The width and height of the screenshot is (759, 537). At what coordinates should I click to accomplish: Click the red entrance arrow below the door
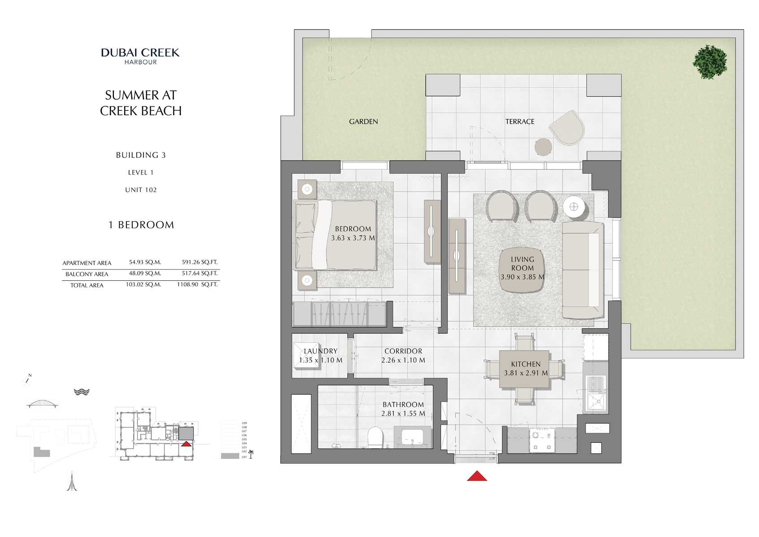pos(477,476)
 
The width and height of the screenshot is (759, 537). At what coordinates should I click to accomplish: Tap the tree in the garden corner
pos(710,62)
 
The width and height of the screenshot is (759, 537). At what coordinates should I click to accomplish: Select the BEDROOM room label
pos(353,229)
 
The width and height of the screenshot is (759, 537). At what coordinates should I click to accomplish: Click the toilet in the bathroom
pos(375,437)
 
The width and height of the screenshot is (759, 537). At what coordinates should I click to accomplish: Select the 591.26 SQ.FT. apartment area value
pos(199,262)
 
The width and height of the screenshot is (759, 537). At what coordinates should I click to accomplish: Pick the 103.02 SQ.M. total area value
pos(143,284)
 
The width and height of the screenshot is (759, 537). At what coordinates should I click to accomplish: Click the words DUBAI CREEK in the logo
pos(140,52)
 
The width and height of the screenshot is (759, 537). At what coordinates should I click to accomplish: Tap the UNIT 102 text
pos(141,190)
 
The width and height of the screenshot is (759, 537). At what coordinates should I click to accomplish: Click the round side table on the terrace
pos(543,147)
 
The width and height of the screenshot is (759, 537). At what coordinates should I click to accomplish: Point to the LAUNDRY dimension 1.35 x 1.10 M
pos(320,360)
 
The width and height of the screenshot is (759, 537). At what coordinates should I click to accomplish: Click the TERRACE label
pos(520,122)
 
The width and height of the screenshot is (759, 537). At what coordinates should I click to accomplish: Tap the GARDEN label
pos(363,122)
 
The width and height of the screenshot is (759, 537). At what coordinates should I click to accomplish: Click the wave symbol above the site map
pos(82,392)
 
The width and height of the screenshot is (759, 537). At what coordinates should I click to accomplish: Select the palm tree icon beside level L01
pos(251,454)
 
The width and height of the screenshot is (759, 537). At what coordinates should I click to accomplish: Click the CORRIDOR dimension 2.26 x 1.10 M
pos(403,360)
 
